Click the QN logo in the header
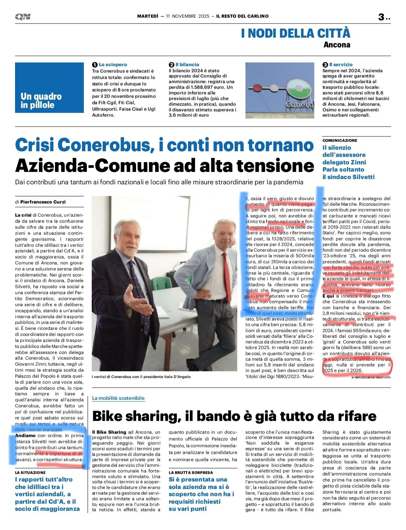23,17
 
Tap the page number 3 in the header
381,17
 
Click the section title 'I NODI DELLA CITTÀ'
295,33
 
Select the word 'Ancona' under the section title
336,45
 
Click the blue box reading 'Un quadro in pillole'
49,87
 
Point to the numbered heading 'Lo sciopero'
113,65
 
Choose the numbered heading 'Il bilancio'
187,65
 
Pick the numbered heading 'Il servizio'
341,65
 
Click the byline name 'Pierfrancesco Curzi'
43,202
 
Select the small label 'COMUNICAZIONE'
340,140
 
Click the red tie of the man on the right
227,274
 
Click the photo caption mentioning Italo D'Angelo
141,376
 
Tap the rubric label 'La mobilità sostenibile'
118,398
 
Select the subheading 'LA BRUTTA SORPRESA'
191,473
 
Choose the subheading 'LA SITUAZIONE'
30,473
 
